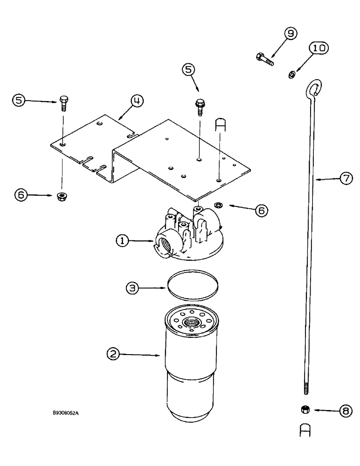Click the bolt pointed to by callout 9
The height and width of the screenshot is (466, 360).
(264, 60)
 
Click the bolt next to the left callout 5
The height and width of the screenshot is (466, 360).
(63, 102)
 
